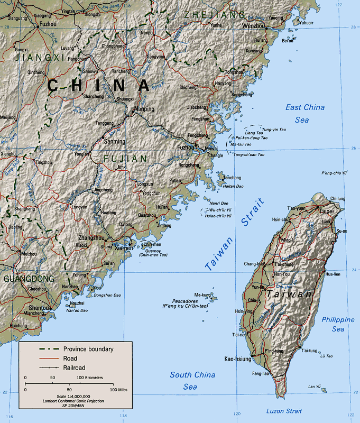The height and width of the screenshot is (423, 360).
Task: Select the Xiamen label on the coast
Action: click(123, 247)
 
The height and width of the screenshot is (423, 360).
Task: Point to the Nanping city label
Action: click(144, 109)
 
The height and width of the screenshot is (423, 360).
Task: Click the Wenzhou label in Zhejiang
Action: click(253, 25)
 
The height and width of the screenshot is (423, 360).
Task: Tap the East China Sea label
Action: click(305, 114)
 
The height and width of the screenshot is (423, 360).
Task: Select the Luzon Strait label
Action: click(284, 411)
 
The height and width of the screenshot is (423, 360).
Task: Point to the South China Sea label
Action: click(192, 381)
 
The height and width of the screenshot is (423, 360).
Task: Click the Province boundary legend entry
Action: click(88, 349)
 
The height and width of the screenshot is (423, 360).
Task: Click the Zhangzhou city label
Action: click(91, 237)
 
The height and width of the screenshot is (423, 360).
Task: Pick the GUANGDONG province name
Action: click(29, 279)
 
